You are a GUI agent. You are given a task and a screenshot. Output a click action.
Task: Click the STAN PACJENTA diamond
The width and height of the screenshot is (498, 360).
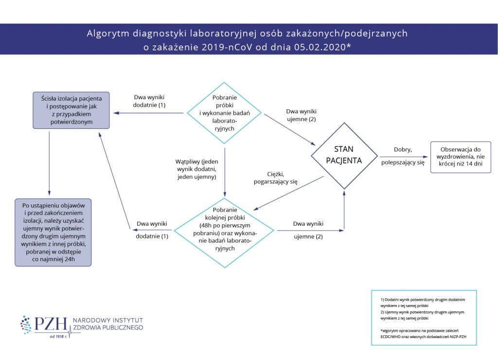tap(344, 155)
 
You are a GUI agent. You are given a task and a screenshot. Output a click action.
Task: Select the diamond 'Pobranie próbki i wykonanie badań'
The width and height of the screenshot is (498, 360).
tap(224, 113)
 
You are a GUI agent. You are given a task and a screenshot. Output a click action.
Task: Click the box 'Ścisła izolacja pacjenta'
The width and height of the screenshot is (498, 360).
tap(71, 110)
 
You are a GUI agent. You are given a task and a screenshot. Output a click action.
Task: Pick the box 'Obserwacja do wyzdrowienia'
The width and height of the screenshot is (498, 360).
tap(461, 156)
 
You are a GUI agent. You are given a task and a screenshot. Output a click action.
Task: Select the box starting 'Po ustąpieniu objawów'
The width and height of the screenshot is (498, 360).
tap(53, 231)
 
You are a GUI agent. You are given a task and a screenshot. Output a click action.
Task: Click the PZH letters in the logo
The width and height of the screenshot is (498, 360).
tap(50, 324)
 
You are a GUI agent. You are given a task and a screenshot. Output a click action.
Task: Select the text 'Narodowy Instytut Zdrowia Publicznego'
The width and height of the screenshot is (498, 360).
tap(107, 324)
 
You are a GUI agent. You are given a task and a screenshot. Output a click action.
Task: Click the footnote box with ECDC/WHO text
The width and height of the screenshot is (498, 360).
tap(424, 317)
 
